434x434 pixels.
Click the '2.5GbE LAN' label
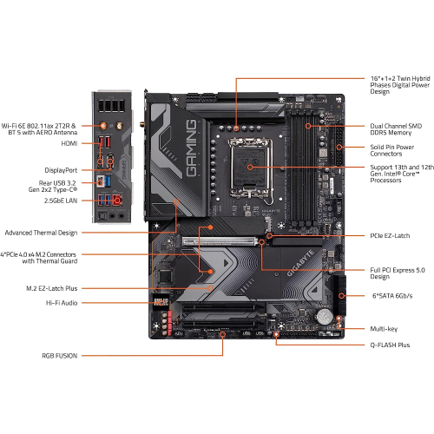[x=58, y=201]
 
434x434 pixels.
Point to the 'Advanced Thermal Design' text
[x=42, y=233]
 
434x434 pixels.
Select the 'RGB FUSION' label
[x=58, y=355]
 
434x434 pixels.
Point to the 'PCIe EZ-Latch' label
[x=383, y=235]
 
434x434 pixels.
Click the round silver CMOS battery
[x=324, y=316]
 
